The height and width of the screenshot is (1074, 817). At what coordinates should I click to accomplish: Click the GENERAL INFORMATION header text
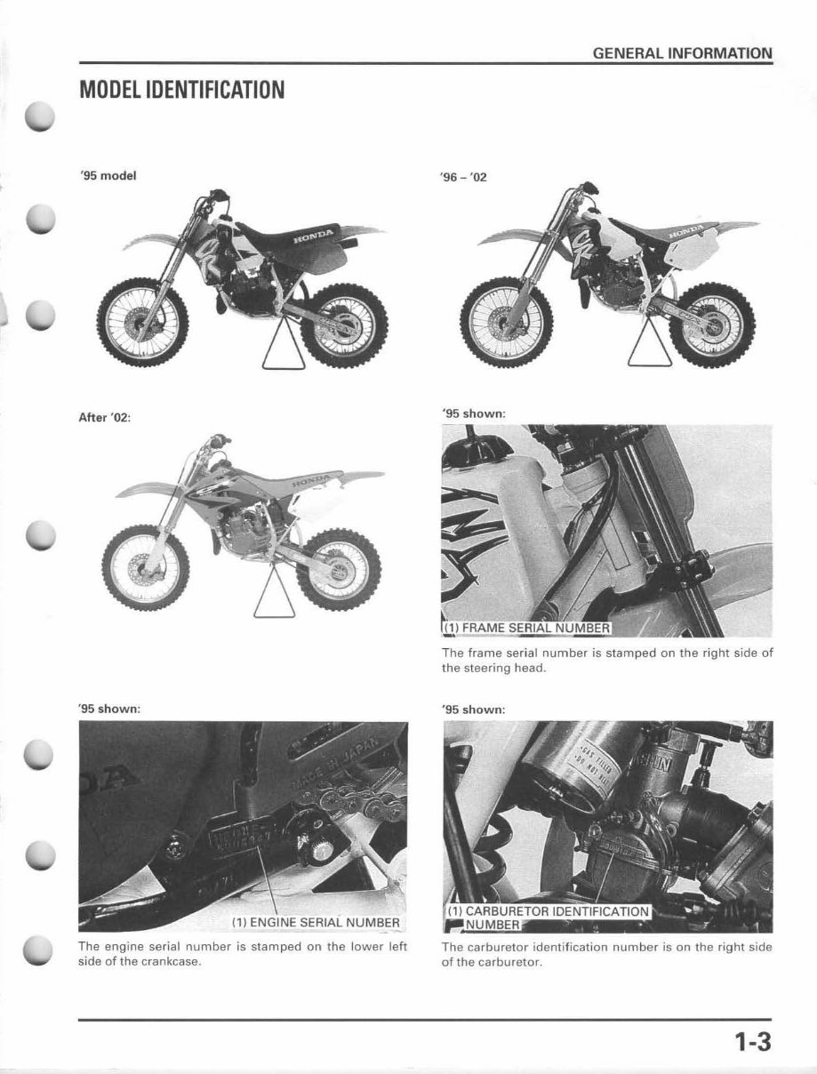(x=682, y=53)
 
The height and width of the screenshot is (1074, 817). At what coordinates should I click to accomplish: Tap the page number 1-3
(x=751, y=1043)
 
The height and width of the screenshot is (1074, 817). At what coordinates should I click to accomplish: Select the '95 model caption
(x=105, y=175)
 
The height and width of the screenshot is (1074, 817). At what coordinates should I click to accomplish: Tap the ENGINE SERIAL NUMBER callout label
(x=316, y=921)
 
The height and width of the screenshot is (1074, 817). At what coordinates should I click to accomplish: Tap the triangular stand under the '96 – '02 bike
(x=642, y=348)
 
